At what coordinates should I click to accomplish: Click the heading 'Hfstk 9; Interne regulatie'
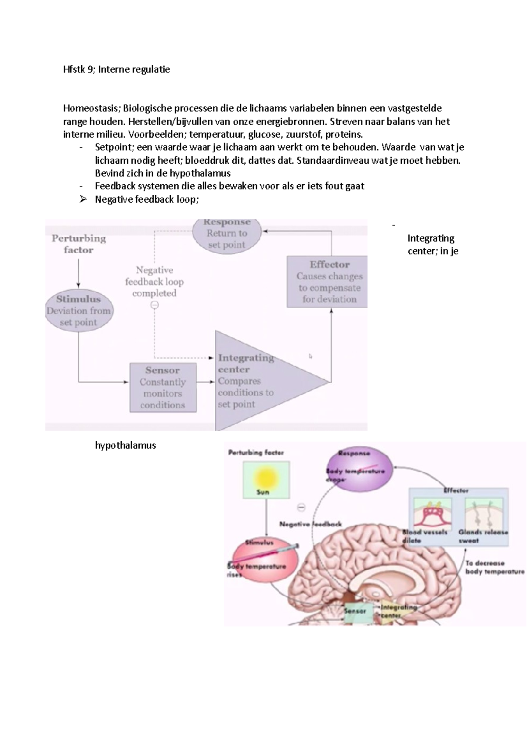[x=116, y=69]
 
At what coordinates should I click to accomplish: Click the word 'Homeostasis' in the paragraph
[x=91, y=108]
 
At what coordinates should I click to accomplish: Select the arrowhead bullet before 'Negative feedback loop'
[x=83, y=200]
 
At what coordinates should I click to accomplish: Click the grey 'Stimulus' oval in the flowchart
[x=79, y=311]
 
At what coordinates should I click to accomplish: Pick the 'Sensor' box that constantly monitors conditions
[x=163, y=387]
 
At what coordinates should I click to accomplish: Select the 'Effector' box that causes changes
[x=327, y=282]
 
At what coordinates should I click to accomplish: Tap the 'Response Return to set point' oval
[x=227, y=235]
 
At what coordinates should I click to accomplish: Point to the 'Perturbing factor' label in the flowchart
[x=79, y=244]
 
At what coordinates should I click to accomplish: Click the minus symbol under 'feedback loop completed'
[x=155, y=305]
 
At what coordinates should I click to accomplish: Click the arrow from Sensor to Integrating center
[x=206, y=382]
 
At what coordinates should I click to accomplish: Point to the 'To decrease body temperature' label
[x=494, y=567]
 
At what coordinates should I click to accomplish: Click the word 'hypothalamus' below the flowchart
[x=126, y=445]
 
